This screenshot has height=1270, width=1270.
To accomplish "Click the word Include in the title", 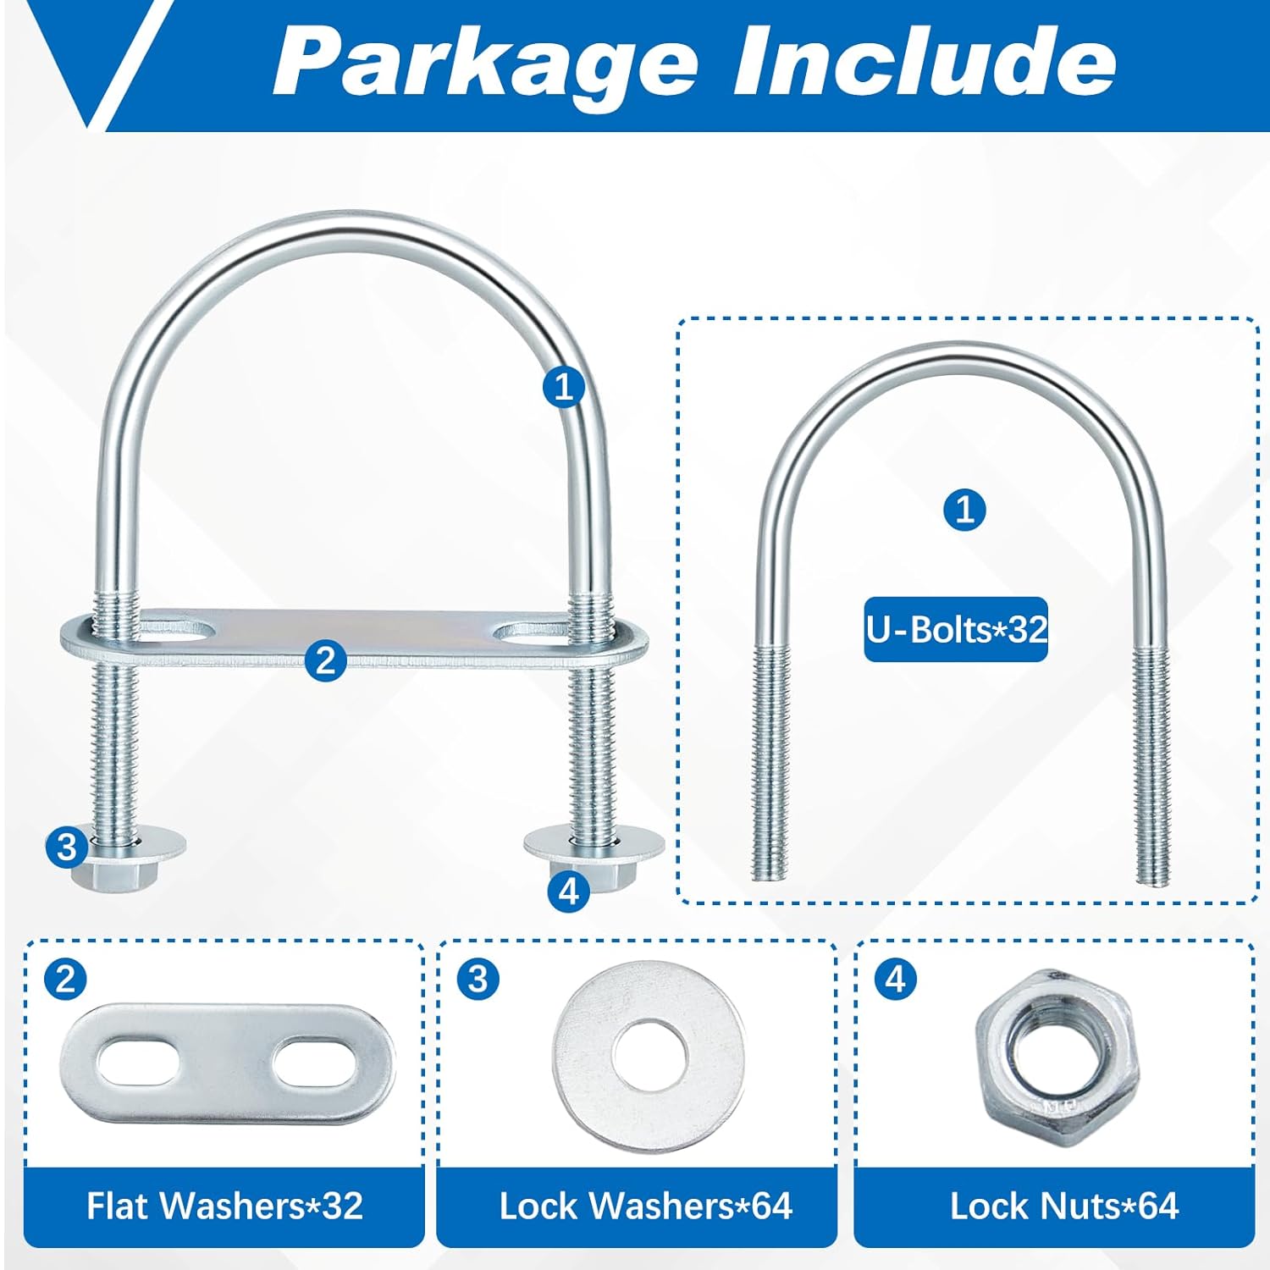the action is [x=925, y=61].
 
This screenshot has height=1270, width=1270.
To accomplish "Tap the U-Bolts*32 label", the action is [x=956, y=629].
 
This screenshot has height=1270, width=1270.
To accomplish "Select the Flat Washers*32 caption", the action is [x=224, y=1206].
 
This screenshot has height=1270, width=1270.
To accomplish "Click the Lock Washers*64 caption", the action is [x=645, y=1206].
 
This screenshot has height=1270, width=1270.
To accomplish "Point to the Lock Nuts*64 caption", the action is [x=1063, y=1206].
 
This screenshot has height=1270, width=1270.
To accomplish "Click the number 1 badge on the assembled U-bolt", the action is [x=564, y=387].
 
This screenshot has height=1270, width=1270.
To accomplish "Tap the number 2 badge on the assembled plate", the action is [x=326, y=660].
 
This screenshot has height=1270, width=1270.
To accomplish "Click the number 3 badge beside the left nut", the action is [x=67, y=847].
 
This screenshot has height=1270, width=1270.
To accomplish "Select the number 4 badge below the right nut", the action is [x=568, y=891].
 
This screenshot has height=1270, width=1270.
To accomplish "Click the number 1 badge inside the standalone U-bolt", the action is [x=964, y=510].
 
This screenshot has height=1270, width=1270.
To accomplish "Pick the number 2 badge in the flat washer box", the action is [x=65, y=980].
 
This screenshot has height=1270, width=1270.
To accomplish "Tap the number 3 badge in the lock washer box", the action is [x=478, y=980].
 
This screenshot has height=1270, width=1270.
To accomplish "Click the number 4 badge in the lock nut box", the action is [x=895, y=980].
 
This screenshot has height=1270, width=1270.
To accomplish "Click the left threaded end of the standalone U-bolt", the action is [x=770, y=762].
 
